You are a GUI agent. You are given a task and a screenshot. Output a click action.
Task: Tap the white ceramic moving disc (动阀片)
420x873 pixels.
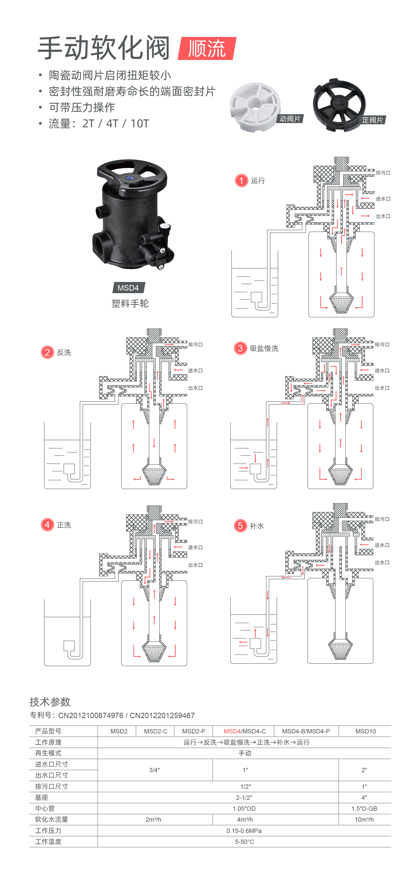coord(255,106)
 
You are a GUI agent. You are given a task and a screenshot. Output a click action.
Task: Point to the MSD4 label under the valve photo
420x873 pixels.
coord(128,288)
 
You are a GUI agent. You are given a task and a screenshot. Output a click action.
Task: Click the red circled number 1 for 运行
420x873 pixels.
coord(241,181)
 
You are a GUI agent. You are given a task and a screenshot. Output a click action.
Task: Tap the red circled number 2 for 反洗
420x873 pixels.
coord(47,352)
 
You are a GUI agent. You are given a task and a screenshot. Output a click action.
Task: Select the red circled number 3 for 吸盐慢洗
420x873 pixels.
coord(240,348)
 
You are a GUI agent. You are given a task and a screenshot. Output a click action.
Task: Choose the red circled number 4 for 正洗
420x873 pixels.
coord(47,525)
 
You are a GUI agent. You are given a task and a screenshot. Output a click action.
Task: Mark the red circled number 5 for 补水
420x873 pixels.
coord(240,526)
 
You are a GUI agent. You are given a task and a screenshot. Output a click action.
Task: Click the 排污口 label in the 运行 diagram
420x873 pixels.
coord(383,173)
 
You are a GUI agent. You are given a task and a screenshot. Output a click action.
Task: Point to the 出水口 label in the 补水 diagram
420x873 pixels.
coord(382,563)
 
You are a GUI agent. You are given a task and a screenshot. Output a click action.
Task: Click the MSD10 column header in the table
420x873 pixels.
coord(365,731)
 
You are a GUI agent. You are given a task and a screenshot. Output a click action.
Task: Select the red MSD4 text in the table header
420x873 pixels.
coord(232,731)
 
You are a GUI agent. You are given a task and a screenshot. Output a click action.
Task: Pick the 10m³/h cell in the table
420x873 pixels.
coord(364,819)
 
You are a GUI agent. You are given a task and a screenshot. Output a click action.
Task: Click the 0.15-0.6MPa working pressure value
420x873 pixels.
coord(244,831)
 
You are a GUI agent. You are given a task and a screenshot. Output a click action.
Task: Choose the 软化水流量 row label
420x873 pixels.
coord(52,819)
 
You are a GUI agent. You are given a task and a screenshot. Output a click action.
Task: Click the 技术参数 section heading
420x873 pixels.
coord(50,702)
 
